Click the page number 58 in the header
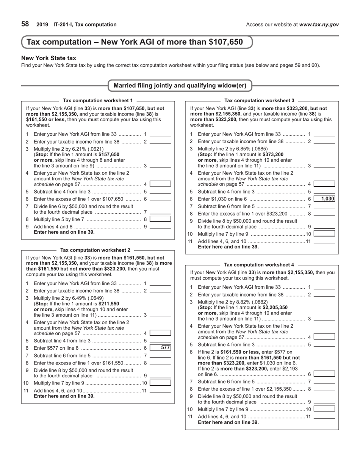[x=25, y=24]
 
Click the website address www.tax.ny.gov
[x=319, y=25]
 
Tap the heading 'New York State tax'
[x=49, y=58]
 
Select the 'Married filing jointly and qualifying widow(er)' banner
[x=180, y=86]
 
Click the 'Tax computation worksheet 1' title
[x=98, y=100]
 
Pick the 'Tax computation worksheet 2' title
[x=95, y=250]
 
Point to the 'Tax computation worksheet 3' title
[x=259, y=100]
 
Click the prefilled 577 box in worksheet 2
[x=160, y=348]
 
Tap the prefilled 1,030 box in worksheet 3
[x=324, y=199]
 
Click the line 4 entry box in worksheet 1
[x=160, y=184]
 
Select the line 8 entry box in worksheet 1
[x=160, y=219]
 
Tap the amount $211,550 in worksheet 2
[x=109, y=304]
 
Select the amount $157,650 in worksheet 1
[x=109, y=155]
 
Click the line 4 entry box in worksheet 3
[x=324, y=184]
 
